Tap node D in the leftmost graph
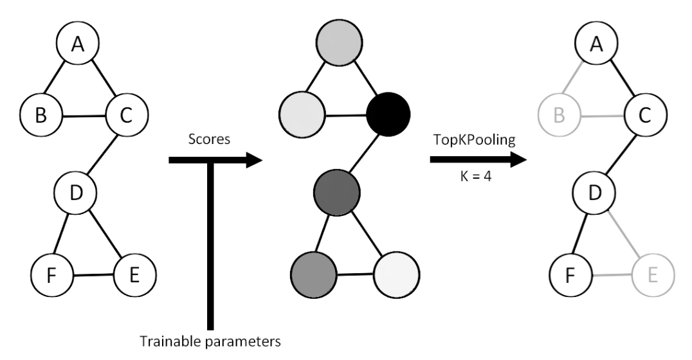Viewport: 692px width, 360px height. click(x=75, y=191)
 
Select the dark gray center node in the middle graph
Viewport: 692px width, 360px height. click(x=336, y=192)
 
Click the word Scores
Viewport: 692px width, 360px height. click(x=209, y=139)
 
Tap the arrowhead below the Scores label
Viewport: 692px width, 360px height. click(x=254, y=159)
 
